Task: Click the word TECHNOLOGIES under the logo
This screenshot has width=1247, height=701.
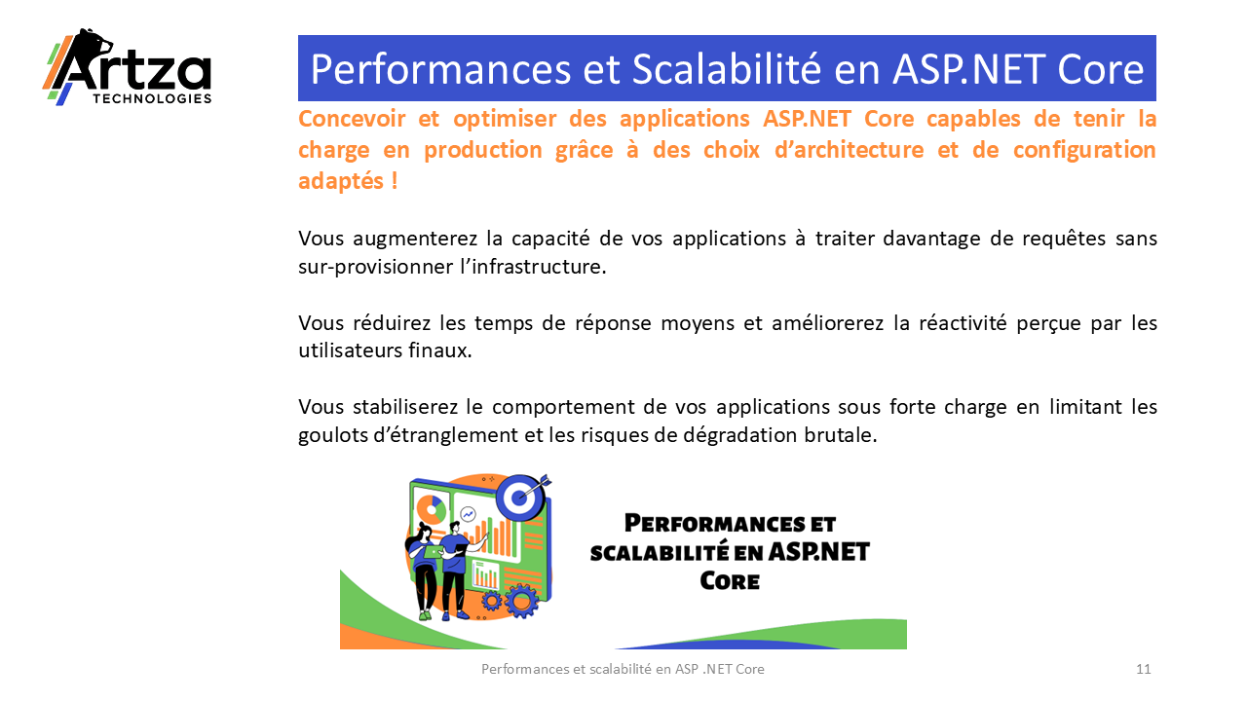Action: tap(152, 99)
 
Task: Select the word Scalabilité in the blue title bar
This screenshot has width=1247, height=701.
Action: tap(727, 69)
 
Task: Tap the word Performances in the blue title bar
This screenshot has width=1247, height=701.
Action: tap(440, 69)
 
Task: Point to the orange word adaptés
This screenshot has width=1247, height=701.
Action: tap(341, 181)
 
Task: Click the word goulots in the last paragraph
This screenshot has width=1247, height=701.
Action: tap(330, 435)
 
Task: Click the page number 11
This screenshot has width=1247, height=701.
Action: tap(1144, 669)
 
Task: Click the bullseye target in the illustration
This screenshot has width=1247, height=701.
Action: tap(520, 497)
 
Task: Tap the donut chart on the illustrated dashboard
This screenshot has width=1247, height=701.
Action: tap(432, 508)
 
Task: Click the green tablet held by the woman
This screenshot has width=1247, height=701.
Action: tap(433, 552)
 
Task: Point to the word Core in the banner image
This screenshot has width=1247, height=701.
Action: tap(730, 581)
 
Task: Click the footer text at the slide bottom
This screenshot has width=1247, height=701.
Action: tap(623, 669)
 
